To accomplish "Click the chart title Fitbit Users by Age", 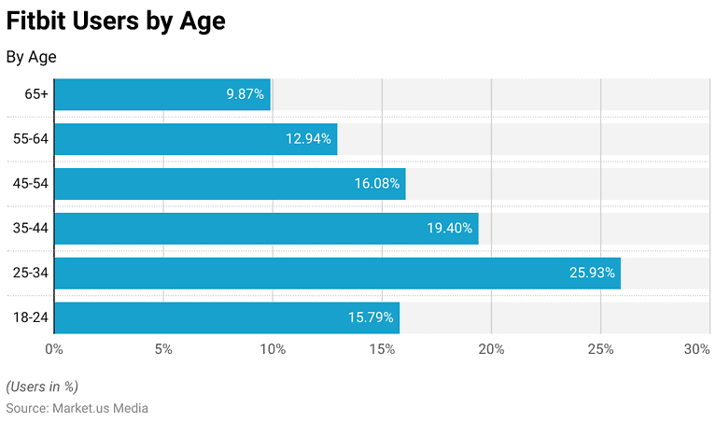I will pos(116,21).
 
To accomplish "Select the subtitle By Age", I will pos(31,57).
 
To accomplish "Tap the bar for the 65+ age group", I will pos(161,94).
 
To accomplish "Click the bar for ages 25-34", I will pos(336,274).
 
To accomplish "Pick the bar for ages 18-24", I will pos(226,318).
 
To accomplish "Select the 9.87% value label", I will pos(246,94).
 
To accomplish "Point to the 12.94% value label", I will pos(308,139).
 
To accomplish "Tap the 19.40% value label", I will pos(450,229).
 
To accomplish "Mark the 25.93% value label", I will pos(592,274).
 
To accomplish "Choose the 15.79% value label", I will pos(371,318).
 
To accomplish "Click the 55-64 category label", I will pos(30,139).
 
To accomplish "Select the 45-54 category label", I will pos(30,184).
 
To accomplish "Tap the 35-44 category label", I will pos(30,229).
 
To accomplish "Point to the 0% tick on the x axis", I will pos(54,349).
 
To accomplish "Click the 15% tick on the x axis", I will pos(382,349).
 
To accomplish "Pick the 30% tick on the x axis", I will pos(696,349).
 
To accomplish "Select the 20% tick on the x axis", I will pos(491,349).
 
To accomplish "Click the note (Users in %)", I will pos(42,387).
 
